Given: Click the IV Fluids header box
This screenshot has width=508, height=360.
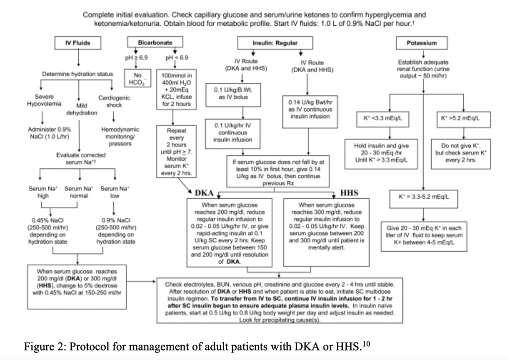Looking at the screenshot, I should tap(77, 43).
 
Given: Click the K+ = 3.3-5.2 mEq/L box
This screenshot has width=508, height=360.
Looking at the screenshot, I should tap(423, 202).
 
